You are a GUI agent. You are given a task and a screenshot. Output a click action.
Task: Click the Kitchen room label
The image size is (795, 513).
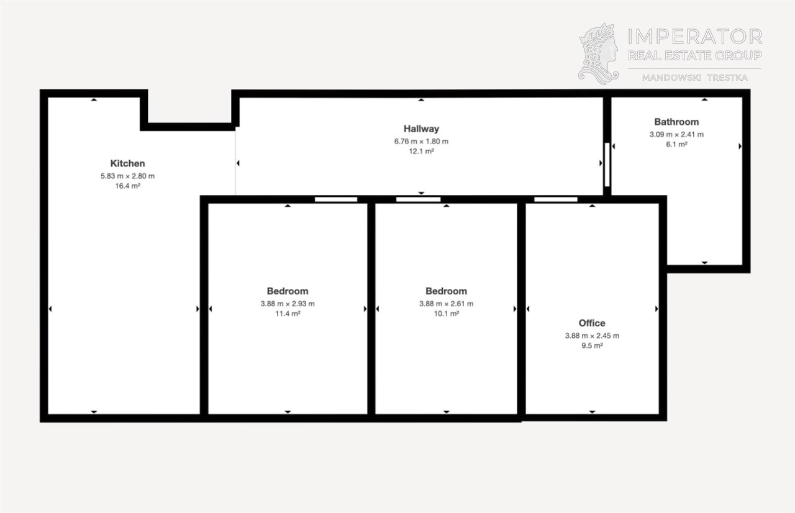click(x=127, y=163)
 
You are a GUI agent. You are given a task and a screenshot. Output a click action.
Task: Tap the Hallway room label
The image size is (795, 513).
click(x=421, y=129)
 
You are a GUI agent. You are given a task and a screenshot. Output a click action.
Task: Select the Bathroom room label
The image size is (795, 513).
click(x=676, y=122)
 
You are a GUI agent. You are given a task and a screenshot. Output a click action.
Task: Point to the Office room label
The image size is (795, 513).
click(x=592, y=323)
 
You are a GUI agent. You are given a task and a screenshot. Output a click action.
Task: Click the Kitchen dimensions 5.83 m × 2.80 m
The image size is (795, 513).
click(x=127, y=176)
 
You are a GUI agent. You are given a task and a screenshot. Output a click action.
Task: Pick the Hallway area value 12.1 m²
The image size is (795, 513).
click(x=421, y=151)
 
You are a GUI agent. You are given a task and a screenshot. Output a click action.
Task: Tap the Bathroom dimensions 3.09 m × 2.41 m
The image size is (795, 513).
click(x=676, y=134)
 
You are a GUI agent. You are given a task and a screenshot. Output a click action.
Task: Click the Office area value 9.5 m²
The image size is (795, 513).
click(x=592, y=345)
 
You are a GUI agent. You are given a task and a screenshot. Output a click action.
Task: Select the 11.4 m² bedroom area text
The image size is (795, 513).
click(x=288, y=314)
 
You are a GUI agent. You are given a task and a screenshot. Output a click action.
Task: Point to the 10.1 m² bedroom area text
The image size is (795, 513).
click(x=447, y=314)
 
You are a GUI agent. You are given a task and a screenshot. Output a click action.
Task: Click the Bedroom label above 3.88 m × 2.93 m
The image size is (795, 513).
click(x=288, y=291)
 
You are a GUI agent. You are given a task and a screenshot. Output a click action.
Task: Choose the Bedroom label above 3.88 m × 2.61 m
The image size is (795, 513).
click(x=446, y=291)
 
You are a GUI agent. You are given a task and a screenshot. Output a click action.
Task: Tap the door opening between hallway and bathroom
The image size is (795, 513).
click(x=607, y=165)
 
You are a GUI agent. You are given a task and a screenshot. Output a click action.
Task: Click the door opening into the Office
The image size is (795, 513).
click(x=556, y=199)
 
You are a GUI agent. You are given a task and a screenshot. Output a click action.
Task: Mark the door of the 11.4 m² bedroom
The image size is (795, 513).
click(x=336, y=199)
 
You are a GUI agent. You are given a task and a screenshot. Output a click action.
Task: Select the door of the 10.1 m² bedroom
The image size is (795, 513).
click(x=418, y=199)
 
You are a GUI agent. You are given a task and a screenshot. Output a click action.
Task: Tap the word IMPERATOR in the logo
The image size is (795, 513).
click(x=695, y=37)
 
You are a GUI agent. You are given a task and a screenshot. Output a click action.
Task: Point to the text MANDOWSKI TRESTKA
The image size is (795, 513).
click(x=695, y=78)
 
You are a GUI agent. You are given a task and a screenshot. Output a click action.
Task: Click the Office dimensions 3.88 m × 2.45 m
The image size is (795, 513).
click(x=592, y=335)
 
